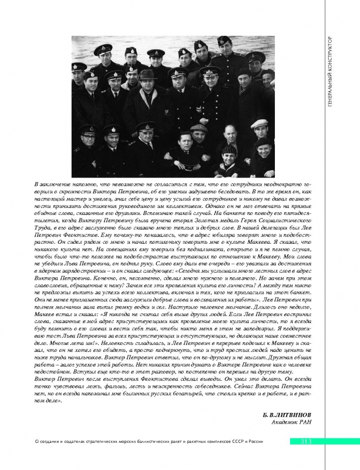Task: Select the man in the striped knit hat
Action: coord(227,154)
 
